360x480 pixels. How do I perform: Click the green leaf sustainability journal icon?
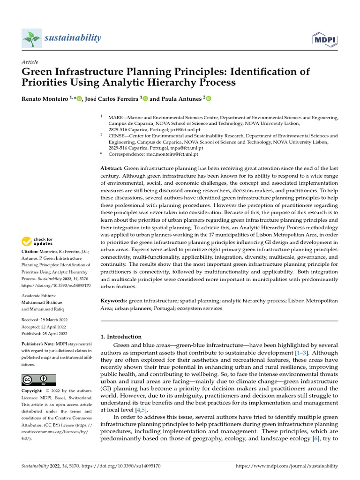[x=31, y=38]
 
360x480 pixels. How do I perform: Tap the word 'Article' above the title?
[x=30, y=62]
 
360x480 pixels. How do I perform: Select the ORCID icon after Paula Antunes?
[x=209, y=99]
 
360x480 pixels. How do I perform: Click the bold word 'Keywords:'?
[x=114, y=300]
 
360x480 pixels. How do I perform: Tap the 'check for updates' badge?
[x=37, y=242]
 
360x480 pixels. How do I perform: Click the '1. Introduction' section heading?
[x=121, y=337]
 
